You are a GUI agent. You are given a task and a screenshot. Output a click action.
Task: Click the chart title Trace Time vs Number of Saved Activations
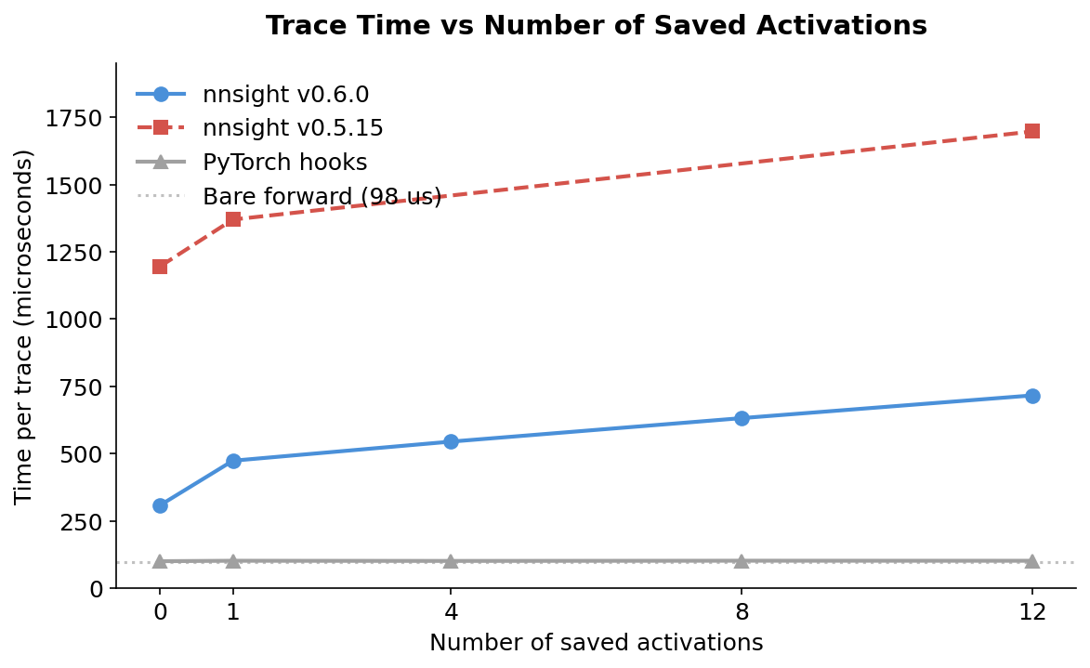click(x=596, y=26)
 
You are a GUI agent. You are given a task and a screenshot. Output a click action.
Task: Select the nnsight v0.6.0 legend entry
click(x=285, y=95)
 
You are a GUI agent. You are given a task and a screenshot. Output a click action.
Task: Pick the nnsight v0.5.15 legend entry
click(x=293, y=128)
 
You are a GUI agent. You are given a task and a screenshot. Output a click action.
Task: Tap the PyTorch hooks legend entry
click(x=284, y=163)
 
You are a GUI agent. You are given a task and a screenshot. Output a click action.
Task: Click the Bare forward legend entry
click(x=322, y=197)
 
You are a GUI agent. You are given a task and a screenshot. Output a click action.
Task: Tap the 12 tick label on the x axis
click(x=1031, y=611)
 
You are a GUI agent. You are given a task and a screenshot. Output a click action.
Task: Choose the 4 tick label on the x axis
click(x=451, y=611)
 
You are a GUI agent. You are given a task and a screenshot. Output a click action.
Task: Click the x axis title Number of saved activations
click(x=596, y=643)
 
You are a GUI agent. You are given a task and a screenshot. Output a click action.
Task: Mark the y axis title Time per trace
click(x=24, y=326)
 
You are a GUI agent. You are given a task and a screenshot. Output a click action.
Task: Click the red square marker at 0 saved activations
click(x=160, y=267)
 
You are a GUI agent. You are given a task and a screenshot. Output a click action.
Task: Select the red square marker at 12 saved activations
click(x=1031, y=131)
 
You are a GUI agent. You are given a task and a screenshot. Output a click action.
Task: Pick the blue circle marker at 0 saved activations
click(x=160, y=505)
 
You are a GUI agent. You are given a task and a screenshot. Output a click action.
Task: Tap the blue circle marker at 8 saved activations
click(x=742, y=418)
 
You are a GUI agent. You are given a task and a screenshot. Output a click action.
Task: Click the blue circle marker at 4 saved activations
click(x=451, y=441)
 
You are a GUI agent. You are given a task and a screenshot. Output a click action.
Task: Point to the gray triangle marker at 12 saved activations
click(x=1031, y=561)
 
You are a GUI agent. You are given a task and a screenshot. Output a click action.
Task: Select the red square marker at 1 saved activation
click(x=233, y=219)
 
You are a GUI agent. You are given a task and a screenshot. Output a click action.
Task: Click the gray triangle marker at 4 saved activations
click(x=451, y=561)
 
